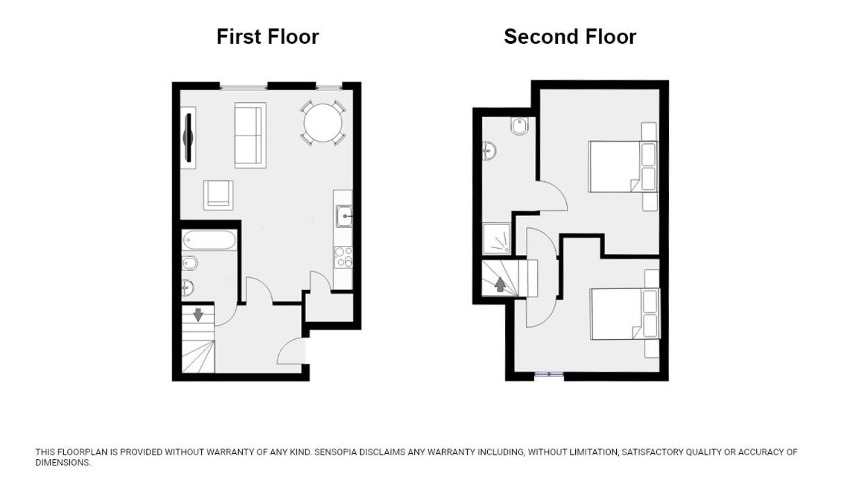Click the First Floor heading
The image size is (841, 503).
268,37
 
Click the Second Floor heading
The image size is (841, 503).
570,37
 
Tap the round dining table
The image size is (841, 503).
323,122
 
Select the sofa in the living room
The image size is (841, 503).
250,135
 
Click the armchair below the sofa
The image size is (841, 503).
218,195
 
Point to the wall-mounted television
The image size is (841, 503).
189,138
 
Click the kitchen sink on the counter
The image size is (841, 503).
344,216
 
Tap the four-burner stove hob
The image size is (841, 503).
343,257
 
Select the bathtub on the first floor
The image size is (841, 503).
209,240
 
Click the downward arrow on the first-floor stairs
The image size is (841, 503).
198,315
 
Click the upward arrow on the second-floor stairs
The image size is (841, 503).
500,284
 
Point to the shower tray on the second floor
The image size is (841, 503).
496,239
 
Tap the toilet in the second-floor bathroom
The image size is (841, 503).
520,126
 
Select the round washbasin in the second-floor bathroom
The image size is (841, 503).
489,151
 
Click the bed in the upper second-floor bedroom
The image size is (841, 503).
623,167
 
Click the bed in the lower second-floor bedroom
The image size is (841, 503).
625,314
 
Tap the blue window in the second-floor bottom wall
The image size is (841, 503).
550,374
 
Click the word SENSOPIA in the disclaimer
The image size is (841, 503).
337,452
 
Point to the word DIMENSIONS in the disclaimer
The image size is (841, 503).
63,463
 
